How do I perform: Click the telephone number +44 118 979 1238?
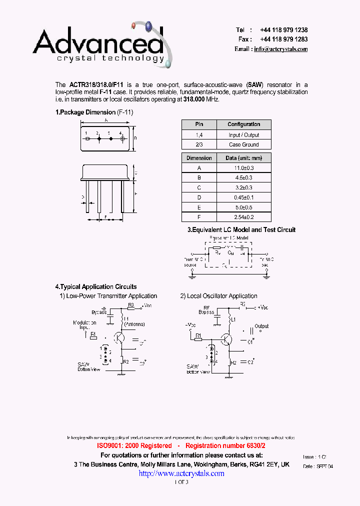pyautogui.click(x=283, y=30)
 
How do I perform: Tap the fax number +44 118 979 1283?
pyautogui.click(x=283, y=39)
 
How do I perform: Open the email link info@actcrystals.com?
pyautogui.click(x=280, y=49)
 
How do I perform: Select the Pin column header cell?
pyautogui.click(x=198, y=124)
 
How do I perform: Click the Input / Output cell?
pyautogui.click(x=243, y=135)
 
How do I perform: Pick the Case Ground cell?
pyautogui.click(x=243, y=144)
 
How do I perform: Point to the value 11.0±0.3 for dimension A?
pyautogui.click(x=243, y=168)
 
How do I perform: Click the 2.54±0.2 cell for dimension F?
pyautogui.click(x=243, y=217)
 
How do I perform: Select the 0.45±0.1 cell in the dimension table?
pyautogui.click(x=243, y=197)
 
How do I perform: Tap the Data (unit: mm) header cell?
pyautogui.click(x=243, y=158)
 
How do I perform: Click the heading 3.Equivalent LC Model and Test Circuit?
pyautogui.click(x=241, y=230)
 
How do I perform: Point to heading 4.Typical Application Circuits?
pyautogui.click(x=95, y=287)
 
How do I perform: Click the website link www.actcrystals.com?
pyautogui.click(x=181, y=473)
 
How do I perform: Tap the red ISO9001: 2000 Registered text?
pyautogui.click(x=134, y=445)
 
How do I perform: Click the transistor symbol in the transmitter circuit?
pyautogui.click(x=119, y=337)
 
